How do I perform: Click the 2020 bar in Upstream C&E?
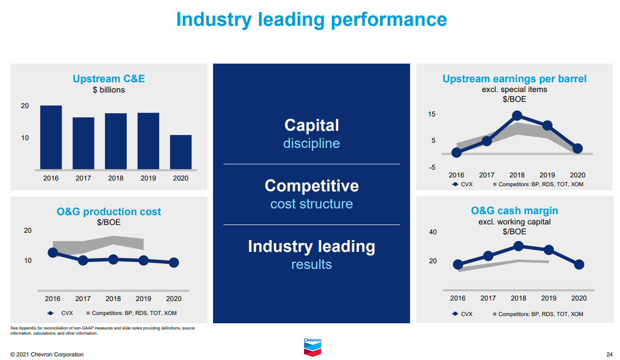pos(180,152)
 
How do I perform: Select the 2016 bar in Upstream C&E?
pos(51,138)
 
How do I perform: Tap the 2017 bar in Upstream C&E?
pos(83,144)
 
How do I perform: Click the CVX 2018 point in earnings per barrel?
pos(517,115)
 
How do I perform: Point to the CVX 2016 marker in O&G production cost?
pos(53,252)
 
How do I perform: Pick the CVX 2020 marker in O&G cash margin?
pos(579,265)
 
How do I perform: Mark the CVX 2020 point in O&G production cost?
pos(174,262)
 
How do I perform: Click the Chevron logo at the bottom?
pos(312,348)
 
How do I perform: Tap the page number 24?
pos(609,354)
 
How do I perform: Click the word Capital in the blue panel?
pos(312,125)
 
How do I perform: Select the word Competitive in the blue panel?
pos(312,186)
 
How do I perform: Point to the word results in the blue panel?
pos(312,264)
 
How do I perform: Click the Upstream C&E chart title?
pos(109,79)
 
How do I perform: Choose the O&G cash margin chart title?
pos(515,211)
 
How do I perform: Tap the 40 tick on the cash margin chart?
pos(433,232)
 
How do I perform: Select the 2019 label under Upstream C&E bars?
pos(148,178)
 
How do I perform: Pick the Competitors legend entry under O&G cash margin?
pos(538,314)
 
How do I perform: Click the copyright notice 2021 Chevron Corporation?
pos(47,354)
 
